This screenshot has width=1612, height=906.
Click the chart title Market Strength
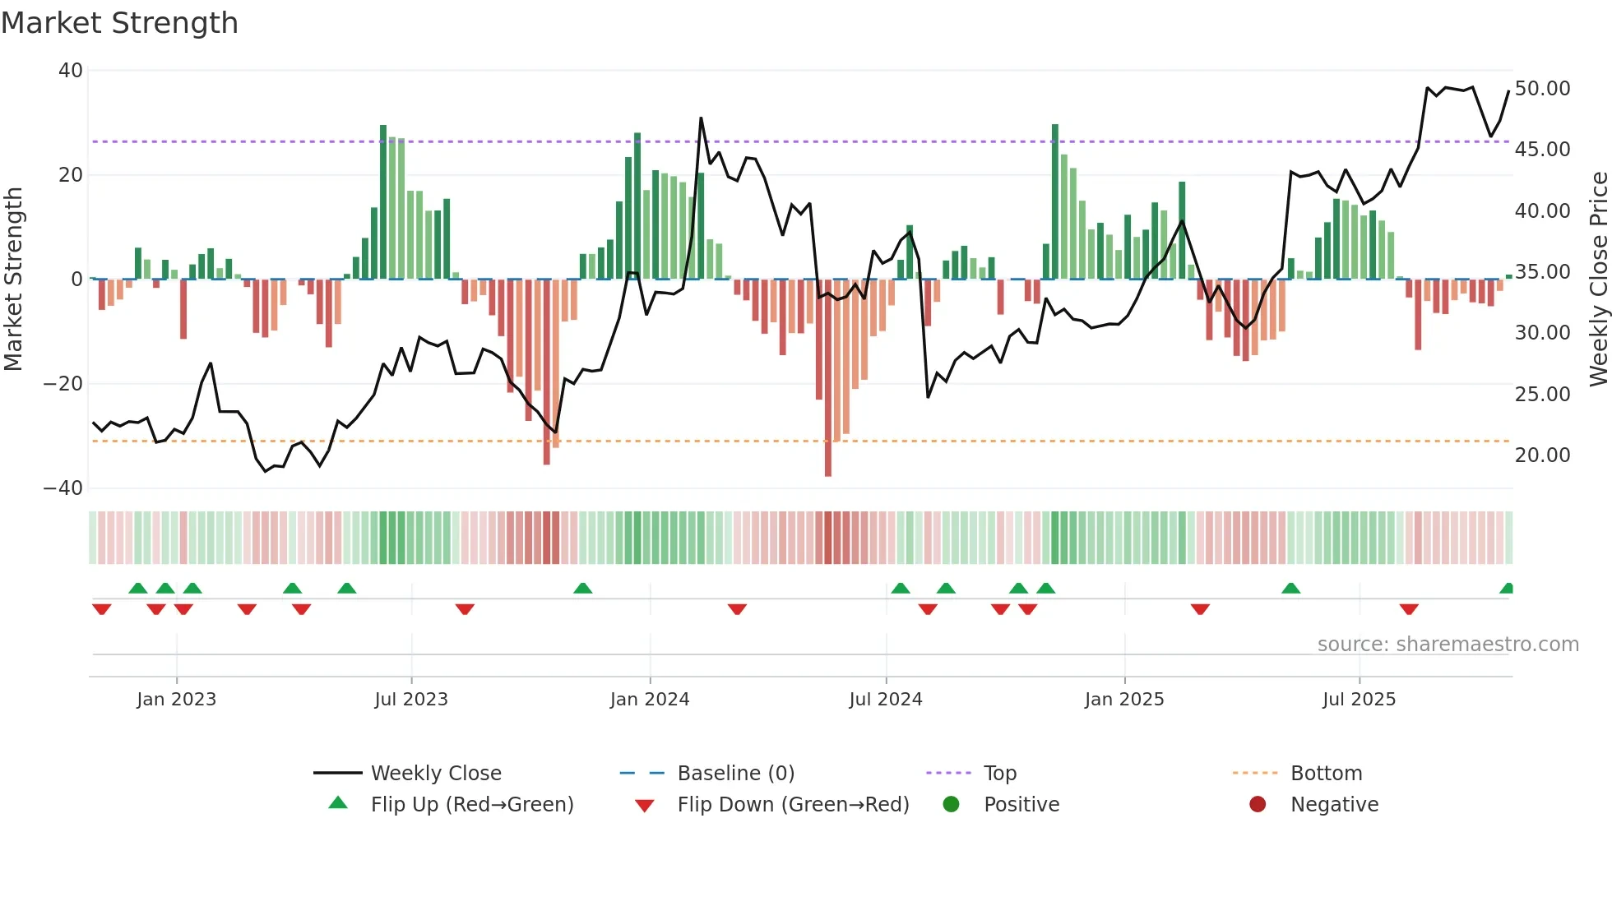point(120,23)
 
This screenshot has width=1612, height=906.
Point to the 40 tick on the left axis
point(71,71)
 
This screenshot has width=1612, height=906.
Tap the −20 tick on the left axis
point(63,384)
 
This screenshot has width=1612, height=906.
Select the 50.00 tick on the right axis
point(1542,89)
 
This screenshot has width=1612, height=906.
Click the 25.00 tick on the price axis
point(1542,395)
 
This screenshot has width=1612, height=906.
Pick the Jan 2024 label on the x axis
point(650,700)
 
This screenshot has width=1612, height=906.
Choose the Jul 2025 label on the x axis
point(1359,700)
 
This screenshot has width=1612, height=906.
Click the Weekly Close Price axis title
point(1598,280)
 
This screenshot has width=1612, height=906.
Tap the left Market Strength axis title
point(14,280)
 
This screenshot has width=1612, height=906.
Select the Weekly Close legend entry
point(435,774)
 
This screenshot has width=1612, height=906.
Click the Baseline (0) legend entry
point(735,774)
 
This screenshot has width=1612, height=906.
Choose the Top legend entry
point(1000,774)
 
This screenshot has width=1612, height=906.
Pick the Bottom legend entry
point(1326,774)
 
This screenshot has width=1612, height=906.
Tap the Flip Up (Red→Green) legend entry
point(471,805)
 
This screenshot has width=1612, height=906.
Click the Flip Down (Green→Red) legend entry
point(793,805)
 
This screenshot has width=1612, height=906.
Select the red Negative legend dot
point(1258,805)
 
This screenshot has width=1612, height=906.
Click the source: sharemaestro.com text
point(1448,645)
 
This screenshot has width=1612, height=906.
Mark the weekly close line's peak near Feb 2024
point(702,118)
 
